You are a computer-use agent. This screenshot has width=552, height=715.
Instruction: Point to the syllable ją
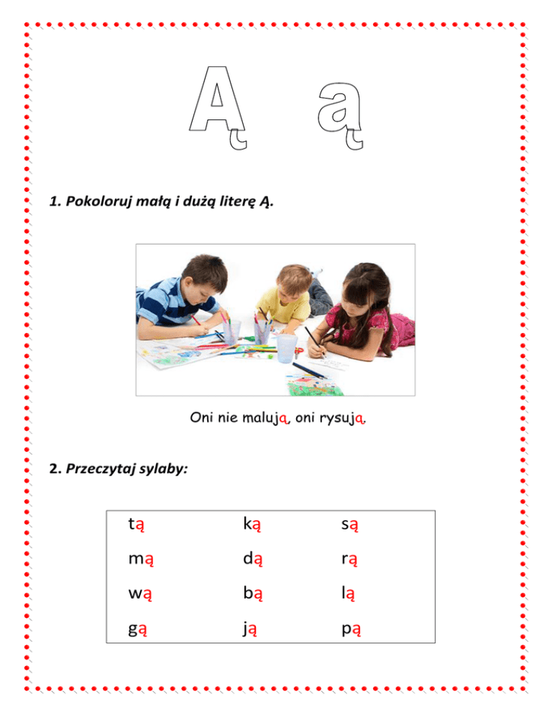(x=249, y=629)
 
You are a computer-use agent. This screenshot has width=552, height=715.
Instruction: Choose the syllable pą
(x=351, y=629)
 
